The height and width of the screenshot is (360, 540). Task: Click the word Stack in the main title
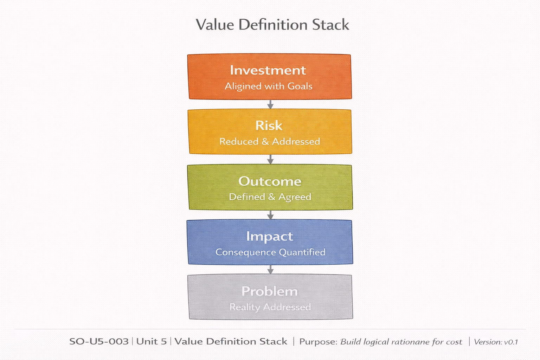pyautogui.click(x=330, y=25)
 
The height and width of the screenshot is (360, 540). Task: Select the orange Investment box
pyautogui.click(x=270, y=76)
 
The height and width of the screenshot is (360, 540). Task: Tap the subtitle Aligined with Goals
pyautogui.click(x=269, y=86)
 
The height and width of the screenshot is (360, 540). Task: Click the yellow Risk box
pyautogui.click(x=270, y=131)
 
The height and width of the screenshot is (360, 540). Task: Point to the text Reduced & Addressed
pyautogui.click(x=270, y=141)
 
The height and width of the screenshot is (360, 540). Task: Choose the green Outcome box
pyautogui.click(x=270, y=187)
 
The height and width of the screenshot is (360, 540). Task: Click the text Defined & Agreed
pyautogui.click(x=270, y=197)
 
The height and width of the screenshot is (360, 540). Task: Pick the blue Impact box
pyautogui.click(x=270, y=242)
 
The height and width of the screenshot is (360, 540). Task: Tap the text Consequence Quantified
pyautogui.click(x=270, y=252)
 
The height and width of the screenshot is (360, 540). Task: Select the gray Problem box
pyautogui.click(x=270, y=297)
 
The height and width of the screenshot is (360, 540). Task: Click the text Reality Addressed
pyautogui.click(x=270, y=307)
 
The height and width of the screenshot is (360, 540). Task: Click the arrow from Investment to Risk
pyautogui.click(x=270, y=104)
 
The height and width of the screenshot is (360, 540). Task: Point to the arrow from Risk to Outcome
pyautogui.click(x=270, y=159)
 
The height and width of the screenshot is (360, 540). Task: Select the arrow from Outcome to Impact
pyautogui.click(x=270, y=215)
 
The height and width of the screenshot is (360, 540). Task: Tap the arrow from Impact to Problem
pyautogui.click(x=270, y=270)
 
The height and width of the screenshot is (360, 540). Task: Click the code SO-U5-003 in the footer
pyautogui.click(x=99, y=341)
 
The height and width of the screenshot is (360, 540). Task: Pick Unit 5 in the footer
pyautogui.click(x=152, y=341)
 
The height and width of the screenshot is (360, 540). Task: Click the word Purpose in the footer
pyautogui.click(x=318, y=342)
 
